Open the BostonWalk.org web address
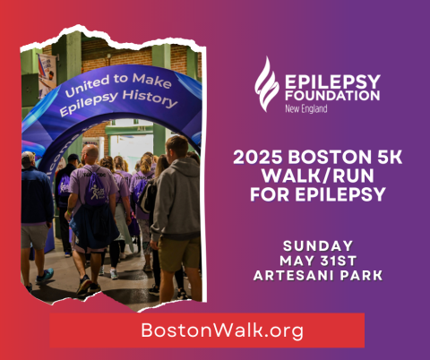(x=207, y=330)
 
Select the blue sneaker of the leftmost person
(x=46, y=276)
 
